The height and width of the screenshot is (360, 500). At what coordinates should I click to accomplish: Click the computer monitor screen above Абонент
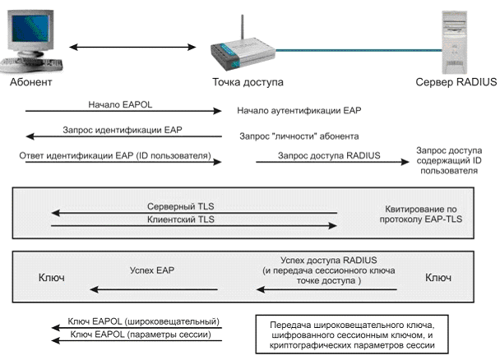point(30,28)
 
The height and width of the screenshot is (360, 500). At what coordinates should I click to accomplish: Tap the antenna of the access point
point(242,28)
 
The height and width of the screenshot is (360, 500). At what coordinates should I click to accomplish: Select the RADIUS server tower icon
point(454,43)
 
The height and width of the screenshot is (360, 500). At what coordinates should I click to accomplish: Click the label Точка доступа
point(248,82)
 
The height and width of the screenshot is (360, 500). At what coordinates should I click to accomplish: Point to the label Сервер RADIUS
point(456,82)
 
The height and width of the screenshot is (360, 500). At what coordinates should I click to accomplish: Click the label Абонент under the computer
point(30,82)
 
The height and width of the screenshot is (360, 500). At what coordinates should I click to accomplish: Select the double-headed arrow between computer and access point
point(132,47)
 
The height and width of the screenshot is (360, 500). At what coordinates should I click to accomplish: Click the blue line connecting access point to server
point(359,50)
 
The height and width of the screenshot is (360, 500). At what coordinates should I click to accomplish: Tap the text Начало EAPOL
point(120,104)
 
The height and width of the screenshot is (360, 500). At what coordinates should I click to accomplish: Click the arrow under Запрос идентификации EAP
point(123,136)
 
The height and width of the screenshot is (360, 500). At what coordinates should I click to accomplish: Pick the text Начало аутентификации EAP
point(299,111)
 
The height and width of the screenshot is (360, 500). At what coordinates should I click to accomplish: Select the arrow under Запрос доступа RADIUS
point(332,162)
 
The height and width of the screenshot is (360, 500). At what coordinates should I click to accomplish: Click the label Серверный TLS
point(180,206)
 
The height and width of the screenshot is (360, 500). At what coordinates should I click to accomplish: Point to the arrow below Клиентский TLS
point(194,226)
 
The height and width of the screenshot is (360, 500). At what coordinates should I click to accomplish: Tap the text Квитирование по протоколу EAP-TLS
point(421,214)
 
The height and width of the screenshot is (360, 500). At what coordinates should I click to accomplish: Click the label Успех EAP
point(152,270)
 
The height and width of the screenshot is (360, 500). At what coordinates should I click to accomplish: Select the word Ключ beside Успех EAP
point(51,278)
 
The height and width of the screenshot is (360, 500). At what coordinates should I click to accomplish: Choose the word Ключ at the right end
point(438,278)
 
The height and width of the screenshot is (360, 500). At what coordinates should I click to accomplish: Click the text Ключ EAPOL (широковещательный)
point(143,321)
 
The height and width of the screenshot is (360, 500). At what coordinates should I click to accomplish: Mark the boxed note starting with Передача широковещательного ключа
point(352,335)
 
